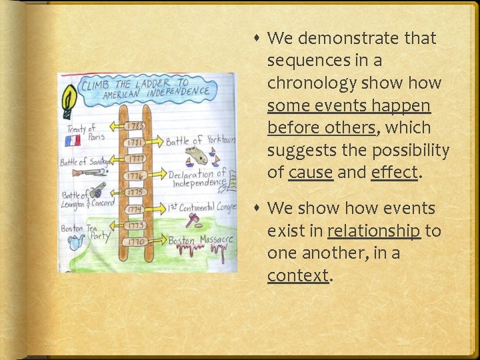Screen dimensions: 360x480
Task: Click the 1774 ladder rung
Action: [136, 208]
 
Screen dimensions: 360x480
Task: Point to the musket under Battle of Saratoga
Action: [89, 173]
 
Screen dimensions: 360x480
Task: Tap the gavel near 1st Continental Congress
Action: [194, 220]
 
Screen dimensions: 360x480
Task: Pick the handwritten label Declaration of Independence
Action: [199, 178]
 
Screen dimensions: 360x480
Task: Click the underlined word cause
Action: [310, 172]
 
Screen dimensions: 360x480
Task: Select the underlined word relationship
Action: [373, 231]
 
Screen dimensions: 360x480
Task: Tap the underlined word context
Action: [298, 275]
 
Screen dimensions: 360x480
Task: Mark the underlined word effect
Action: [395, 172]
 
